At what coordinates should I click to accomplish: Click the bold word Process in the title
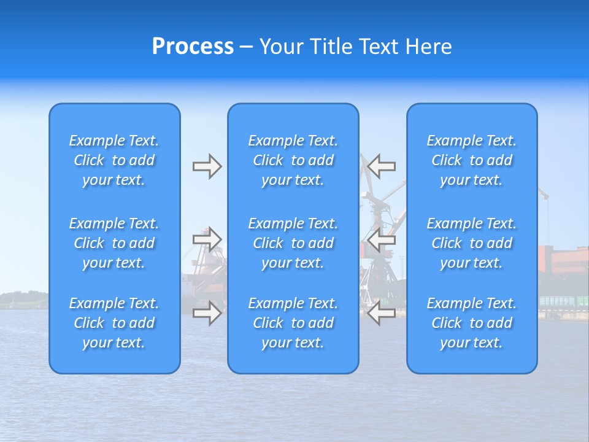(x=193, y=47)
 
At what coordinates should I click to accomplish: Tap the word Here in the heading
(x=428, y=47)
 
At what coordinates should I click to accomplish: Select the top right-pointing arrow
(x=207, y=166)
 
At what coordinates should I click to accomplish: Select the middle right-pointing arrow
(x=207, y=239)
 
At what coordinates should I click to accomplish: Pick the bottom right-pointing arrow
(x=207, y=313)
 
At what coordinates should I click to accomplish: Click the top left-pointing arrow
(x=382, y=166)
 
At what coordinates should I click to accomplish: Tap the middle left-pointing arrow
(x=382, y=239)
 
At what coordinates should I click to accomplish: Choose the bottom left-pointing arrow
(x=382, y=313)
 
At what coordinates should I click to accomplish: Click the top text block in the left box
(x=114, y=160)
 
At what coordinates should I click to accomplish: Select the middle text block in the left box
(x=114, y=243)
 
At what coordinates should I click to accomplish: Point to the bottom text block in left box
(x=114, y=323)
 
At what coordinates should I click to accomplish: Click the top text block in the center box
(x=293, y=160)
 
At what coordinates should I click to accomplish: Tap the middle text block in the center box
(x=293, y=243)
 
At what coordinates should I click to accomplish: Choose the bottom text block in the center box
(x=293, y=323)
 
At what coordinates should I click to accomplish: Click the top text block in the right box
(x=472, y=160)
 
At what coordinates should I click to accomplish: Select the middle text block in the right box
(x=472, y=243)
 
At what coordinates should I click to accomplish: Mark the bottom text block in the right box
(x=472, y=323)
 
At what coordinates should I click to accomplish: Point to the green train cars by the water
(x=562, y=301)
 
